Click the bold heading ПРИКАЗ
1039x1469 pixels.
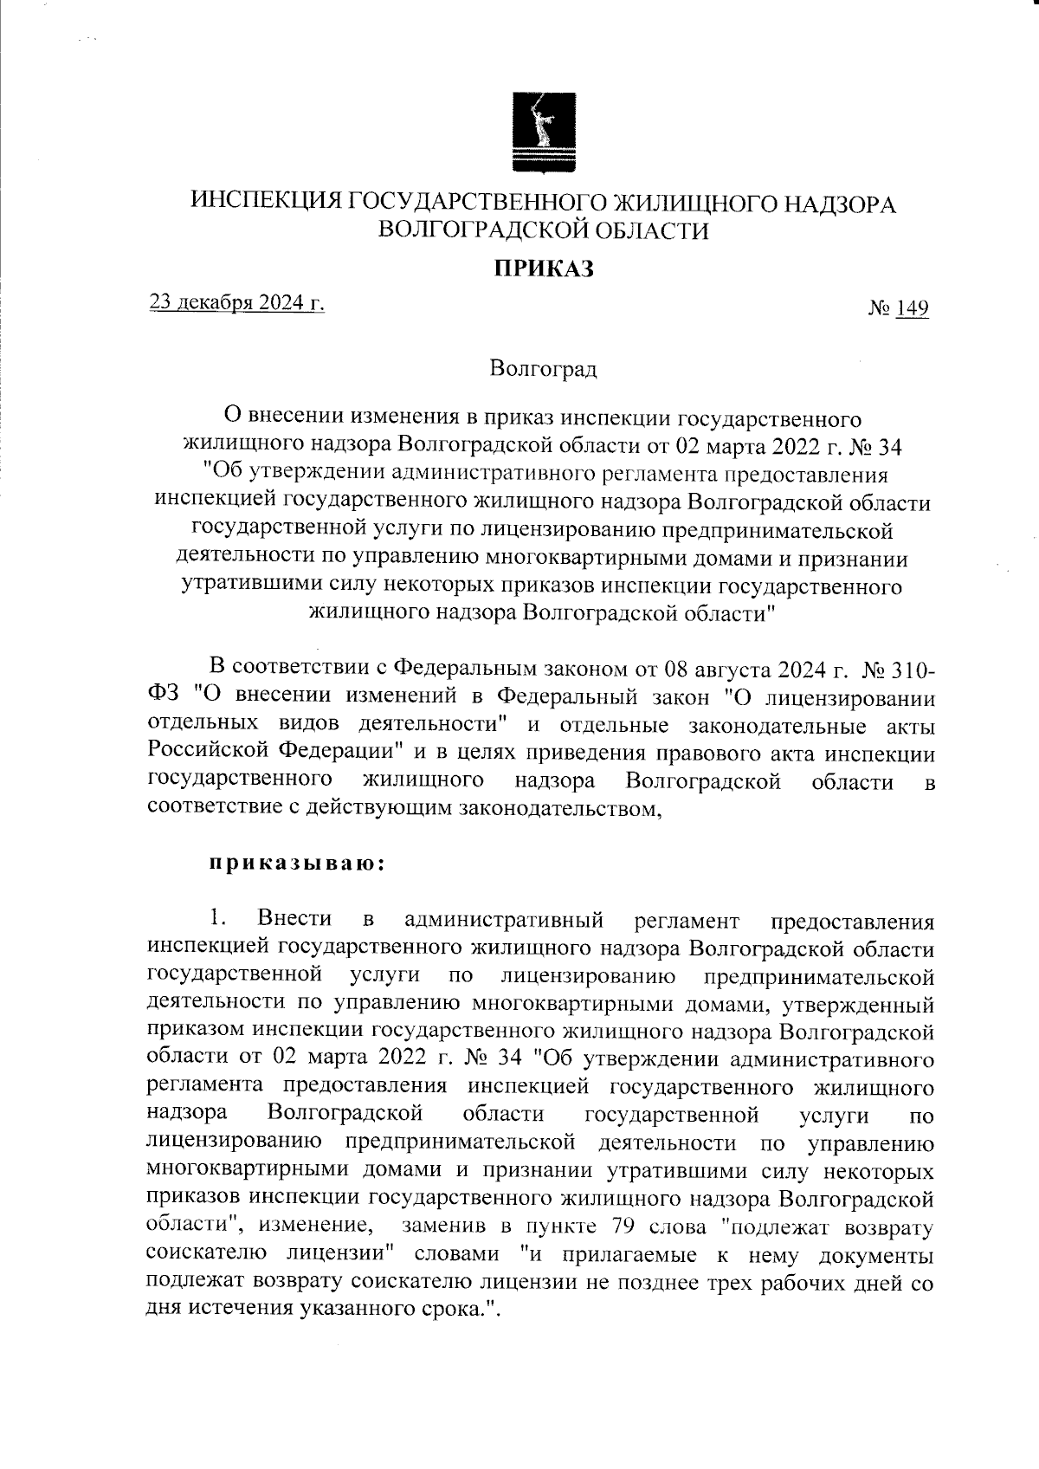pos(544,269)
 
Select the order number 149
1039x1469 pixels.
pos(913,308)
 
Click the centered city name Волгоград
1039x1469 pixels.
pos(543,370)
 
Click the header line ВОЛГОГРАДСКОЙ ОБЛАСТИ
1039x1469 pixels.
pos(544,231)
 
